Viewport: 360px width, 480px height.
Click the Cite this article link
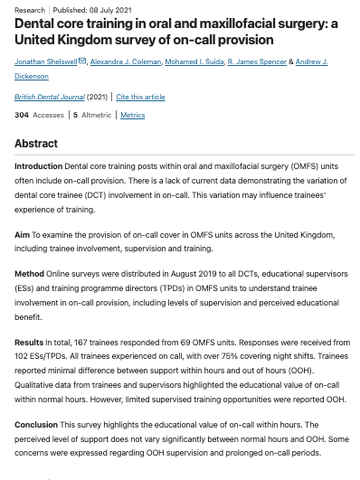(141, 96)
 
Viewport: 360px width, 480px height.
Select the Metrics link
(132, 116)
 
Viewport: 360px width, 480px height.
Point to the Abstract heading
(36, 145)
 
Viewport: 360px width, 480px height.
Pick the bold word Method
(29, 273)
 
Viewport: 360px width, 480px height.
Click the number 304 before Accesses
(22, 116)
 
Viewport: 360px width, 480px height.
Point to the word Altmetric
(96, 116)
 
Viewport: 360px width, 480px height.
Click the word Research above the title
(30, 10)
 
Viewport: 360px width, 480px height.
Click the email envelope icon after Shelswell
(82, 61)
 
